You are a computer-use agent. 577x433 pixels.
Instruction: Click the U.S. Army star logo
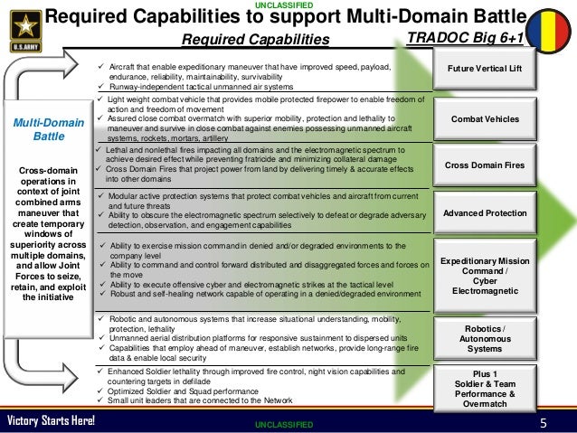click(21, 24)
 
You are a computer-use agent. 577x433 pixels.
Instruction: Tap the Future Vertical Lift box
click(491, 70)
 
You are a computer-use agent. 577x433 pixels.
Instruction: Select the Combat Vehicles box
click(491, 119)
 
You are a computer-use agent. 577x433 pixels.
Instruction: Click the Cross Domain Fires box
click(491, 165)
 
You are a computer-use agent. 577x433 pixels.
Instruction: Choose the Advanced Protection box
click(491, 213)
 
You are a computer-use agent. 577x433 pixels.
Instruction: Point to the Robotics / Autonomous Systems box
click(491, 338)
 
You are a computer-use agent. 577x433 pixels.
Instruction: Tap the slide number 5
click(544, 422)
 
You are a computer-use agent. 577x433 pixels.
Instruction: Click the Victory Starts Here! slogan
click(52, 422)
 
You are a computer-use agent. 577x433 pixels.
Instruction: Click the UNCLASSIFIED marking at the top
click(288, 5)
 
